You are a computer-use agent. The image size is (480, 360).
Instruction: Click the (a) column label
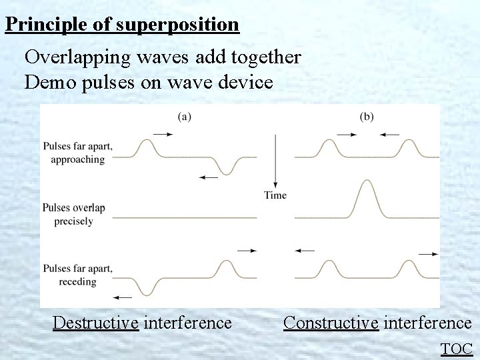click(185, 117)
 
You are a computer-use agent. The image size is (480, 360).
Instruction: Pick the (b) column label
click(367, 117)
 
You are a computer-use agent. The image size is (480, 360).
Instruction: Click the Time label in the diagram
click(275, 195)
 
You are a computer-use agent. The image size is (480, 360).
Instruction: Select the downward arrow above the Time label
click(275, 160)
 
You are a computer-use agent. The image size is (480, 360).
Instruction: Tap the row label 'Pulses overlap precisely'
click(73, 214)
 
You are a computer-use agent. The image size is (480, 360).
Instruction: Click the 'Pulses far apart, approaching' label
click(77, 153)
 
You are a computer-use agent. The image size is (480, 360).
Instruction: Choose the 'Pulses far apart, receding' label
click(77, 275)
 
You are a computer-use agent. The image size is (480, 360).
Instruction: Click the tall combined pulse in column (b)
click(365, 197)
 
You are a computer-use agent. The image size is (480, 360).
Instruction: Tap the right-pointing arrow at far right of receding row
click(428, 254)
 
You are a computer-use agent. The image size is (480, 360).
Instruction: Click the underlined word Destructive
click(95, 323)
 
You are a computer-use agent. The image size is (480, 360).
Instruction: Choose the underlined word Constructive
click(331, 323)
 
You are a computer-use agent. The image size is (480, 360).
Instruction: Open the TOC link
click(457, 348)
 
